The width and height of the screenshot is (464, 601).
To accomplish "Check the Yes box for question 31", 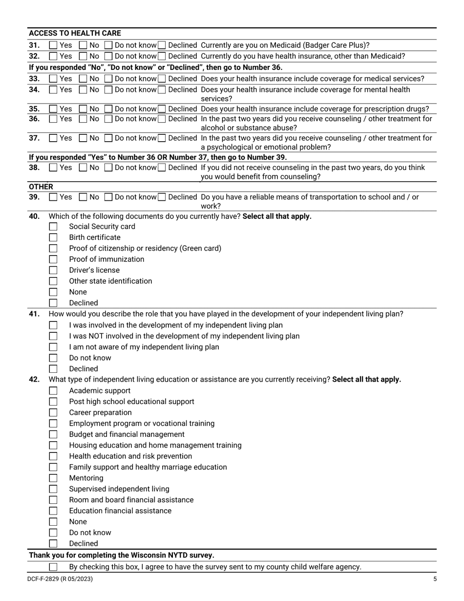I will tap(53, 45).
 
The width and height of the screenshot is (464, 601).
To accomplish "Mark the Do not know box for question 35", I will tap(109, 109).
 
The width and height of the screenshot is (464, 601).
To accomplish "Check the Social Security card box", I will tap(53, 227).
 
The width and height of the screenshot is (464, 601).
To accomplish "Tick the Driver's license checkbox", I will tap(53, 270).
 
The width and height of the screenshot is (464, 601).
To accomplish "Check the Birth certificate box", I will tap(53, 237).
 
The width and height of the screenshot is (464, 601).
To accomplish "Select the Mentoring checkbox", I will tap(53, 478).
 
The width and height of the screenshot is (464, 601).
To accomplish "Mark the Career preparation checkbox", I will tap(53, 412).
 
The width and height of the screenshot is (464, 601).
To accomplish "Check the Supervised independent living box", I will tap(53, 489).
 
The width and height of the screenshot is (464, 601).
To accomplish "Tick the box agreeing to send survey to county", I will tap(53, 567).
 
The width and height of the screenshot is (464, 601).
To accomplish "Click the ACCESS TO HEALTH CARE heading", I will tap(75, 33).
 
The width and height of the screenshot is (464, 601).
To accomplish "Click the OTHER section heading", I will tap(41, 187).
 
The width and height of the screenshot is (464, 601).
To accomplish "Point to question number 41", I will tap(34, 314).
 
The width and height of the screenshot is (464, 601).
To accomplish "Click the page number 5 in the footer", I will tap(435, 579).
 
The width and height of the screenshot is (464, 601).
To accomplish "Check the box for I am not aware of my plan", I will tap(53, 347).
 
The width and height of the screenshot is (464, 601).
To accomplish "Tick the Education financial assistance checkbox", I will tap(53, 511).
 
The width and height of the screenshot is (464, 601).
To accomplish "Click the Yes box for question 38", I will tap(53, 168).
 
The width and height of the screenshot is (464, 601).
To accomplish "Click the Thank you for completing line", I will tap(121, 555).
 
